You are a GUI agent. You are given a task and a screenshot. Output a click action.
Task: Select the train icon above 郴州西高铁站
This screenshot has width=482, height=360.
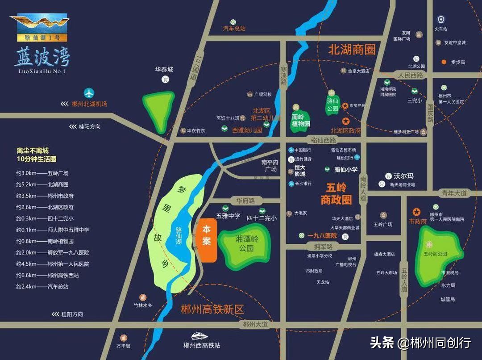(202, 336)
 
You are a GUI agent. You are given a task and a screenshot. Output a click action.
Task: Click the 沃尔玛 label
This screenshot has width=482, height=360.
(401, 176)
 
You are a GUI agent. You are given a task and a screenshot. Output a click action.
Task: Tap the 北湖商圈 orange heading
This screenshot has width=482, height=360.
(352, 49)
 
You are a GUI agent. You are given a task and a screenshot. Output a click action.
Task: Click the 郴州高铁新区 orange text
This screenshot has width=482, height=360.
(212, 310)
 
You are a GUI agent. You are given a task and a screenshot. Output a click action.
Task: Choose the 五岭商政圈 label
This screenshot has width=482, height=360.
(336, 194)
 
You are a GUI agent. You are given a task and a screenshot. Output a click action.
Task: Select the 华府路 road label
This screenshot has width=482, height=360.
(242, 201)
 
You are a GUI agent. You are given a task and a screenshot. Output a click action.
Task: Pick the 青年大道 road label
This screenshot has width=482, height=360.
(454, 193)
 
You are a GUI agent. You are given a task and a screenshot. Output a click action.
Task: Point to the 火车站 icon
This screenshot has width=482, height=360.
(440, 20)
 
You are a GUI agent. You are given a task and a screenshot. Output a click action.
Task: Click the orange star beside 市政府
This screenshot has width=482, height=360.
(416, 212)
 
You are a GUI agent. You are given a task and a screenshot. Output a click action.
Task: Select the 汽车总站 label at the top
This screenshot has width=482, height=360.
(234, 29)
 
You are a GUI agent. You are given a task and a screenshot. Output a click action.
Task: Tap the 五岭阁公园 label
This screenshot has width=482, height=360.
(436, 254)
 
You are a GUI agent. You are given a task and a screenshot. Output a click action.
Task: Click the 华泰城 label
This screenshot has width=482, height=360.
(164, 70)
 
